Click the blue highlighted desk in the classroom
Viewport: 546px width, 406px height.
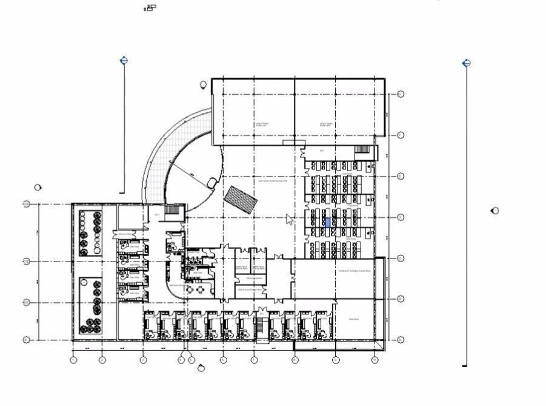point(328,223)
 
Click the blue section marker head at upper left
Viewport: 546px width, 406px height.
point(124,60)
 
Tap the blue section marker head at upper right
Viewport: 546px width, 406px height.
point(466,63)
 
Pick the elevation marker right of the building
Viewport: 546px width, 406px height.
point(495,211)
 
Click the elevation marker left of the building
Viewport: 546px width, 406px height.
point(38,188)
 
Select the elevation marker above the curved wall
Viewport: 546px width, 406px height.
point(202,86)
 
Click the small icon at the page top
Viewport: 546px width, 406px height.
point(150,7)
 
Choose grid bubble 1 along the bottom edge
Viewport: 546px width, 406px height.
point(73,360)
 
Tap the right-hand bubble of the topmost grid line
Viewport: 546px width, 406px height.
point(401,94)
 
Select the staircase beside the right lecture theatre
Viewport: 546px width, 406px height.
point(362,149)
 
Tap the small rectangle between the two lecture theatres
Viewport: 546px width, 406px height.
point(294,143)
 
